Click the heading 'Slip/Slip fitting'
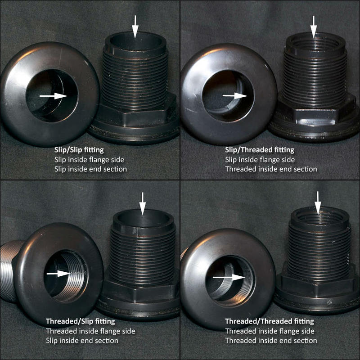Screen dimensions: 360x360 79,150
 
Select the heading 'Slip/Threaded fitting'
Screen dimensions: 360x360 260,150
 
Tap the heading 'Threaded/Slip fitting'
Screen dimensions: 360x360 81,321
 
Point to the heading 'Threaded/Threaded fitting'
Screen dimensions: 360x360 270,321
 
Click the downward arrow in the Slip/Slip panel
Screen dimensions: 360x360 135,27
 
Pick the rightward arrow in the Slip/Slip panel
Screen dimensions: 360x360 54,96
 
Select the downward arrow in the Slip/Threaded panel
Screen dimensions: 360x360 314,27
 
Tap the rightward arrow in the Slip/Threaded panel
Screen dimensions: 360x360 235,95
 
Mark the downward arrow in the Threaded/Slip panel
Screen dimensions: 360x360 143,204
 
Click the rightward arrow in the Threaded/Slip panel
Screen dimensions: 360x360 59,274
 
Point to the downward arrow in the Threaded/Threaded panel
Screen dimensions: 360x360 318,203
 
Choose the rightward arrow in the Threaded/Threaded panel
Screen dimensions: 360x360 229,277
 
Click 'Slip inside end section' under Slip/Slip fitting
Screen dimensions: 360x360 90,169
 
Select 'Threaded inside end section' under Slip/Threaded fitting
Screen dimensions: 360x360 271,169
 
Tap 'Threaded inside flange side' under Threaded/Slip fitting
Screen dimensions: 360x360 90,331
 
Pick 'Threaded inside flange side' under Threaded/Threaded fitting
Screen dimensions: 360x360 270,331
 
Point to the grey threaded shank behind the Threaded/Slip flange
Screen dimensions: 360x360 9,271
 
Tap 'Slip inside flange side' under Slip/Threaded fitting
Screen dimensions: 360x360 260,160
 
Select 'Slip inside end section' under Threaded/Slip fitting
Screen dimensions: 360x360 82,341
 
